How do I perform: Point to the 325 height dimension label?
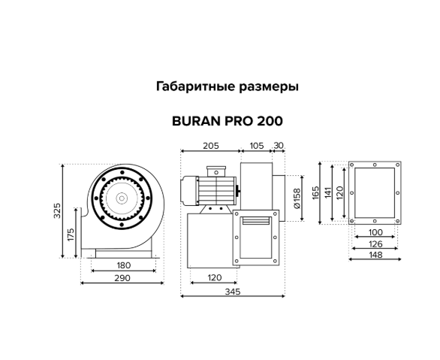coord(57,210)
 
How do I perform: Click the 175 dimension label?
coord(71,234)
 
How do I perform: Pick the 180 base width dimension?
coord(124,265)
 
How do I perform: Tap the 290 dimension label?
coord(122,278)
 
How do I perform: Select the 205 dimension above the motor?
coord(211,146)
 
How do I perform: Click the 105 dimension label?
coord(257,146)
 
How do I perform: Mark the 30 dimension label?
coord(279,146)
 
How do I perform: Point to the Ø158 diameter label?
coord(297,198)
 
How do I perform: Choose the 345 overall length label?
coord(233,292)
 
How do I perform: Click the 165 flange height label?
coord(315,193)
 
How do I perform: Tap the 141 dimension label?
coord(328,193)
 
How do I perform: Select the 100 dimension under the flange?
coord(375,232)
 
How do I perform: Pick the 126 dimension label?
coord(375,244)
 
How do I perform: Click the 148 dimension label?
coord(375,255)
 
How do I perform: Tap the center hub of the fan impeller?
coord(122,198)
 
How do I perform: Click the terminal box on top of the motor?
coord(216,171)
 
